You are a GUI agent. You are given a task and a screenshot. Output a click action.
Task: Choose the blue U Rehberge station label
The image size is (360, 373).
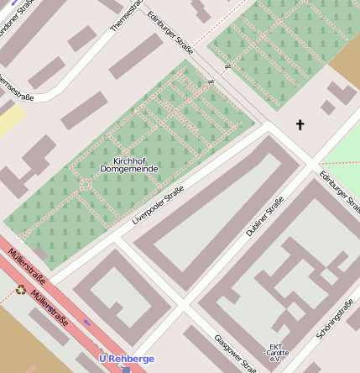127,359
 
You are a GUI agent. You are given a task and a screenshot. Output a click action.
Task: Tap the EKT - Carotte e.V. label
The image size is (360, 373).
277,350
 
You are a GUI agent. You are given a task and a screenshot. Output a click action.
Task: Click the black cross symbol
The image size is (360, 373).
300,125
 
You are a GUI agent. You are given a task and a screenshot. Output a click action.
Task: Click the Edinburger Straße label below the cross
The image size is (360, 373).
339,192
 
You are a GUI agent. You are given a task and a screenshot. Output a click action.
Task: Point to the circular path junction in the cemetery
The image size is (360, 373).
85,184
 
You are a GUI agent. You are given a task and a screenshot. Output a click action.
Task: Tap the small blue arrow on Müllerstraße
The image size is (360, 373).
87,322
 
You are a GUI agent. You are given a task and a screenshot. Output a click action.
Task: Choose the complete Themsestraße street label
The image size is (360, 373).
126,15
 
